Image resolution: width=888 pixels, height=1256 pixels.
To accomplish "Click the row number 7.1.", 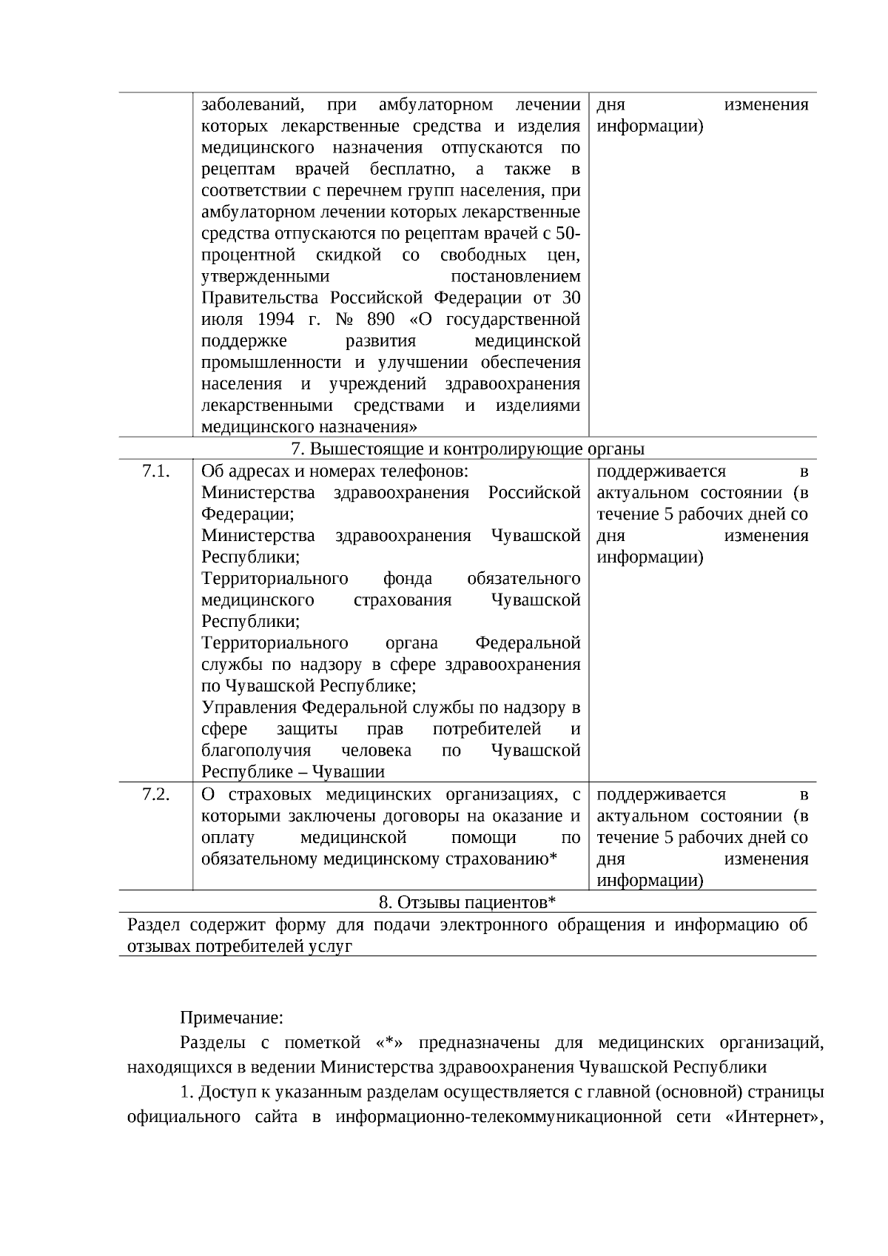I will [x=156, y=471].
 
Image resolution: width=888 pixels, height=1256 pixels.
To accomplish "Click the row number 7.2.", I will [x=156, y=795].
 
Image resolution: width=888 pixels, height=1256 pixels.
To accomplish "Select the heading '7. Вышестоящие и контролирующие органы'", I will [x=468, y=449].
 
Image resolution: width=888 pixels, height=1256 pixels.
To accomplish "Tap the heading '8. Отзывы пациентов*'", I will [x=467, y=902].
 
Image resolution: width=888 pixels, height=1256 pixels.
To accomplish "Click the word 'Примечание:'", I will [x=232, y=1018].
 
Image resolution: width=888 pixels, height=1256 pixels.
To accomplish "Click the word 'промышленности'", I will [x=272, y=363].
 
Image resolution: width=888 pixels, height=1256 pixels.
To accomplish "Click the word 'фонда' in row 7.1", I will [x=408, y=579].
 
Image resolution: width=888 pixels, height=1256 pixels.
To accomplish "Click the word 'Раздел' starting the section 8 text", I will [x=154, y=925].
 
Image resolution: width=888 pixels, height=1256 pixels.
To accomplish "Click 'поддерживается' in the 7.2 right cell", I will [x=661, y=795].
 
